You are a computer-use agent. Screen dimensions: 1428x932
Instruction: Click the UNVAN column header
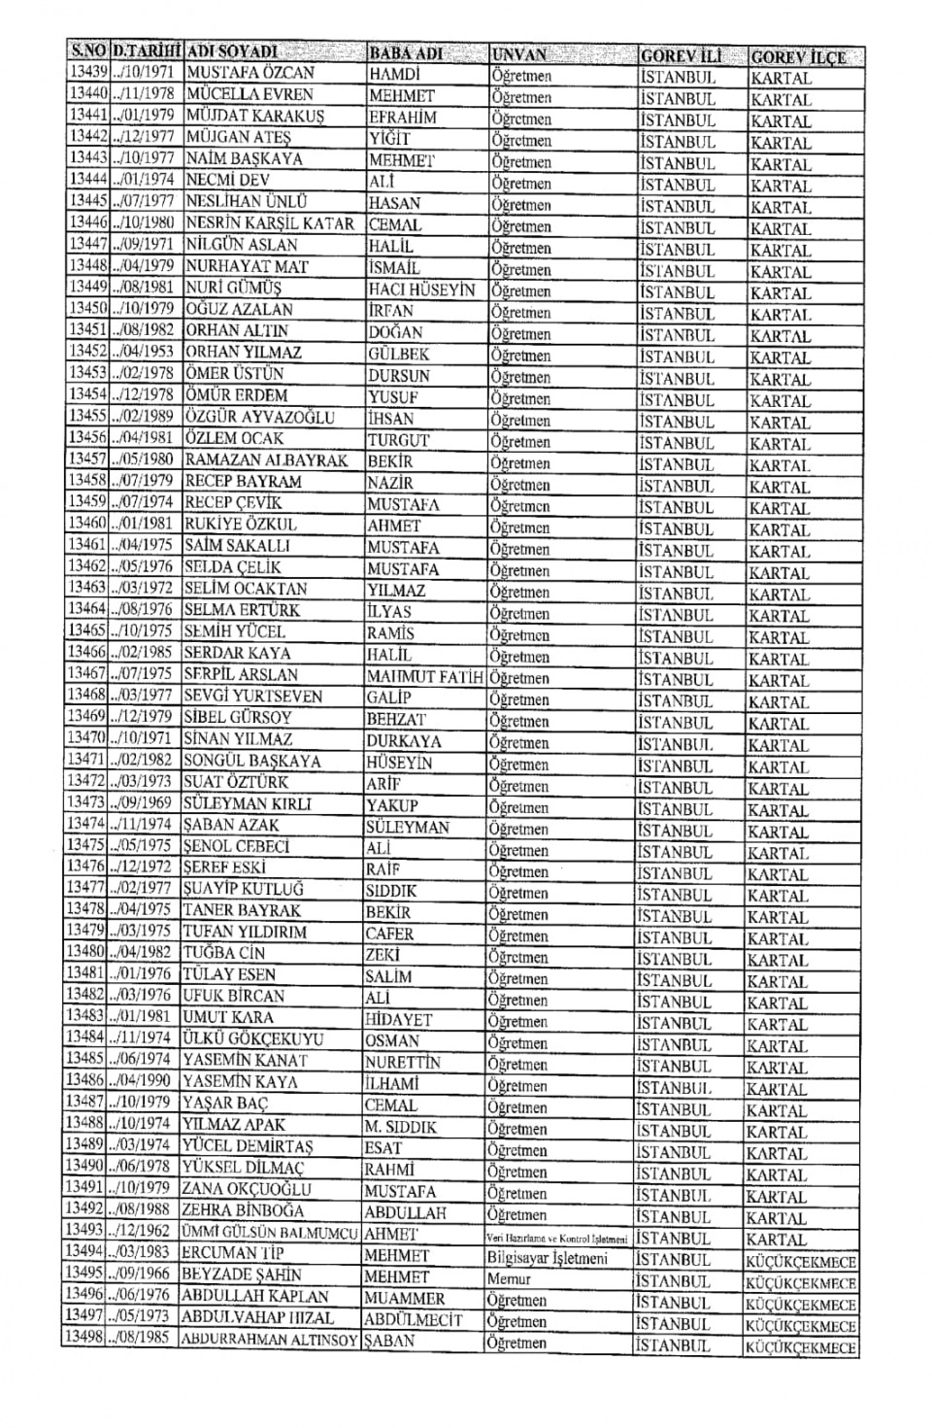pos(519,54)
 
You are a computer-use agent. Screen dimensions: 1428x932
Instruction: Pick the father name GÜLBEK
pos(398,355)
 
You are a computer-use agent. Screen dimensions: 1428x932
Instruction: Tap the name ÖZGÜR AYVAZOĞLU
pos(259,418)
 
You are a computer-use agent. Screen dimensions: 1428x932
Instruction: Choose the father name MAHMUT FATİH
pos(424,676)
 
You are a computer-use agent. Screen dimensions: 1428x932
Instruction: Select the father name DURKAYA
pos(403,740)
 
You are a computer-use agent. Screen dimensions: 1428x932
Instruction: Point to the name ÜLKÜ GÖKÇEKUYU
pos(253,1039)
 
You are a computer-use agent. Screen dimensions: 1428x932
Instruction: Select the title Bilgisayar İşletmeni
pos(548,1259)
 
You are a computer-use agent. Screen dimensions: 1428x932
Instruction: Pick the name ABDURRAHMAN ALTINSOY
pos(269,1341)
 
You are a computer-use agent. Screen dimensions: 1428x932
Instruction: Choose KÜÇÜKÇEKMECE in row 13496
pos(800,1305)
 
